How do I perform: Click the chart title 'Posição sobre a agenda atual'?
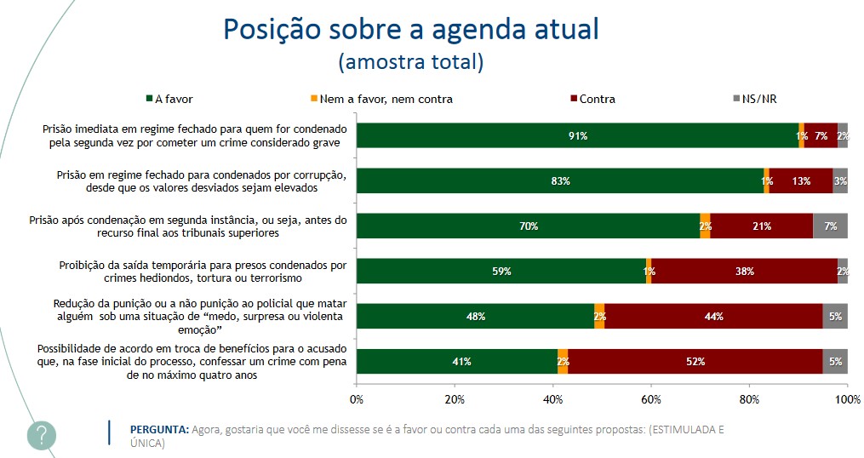410,29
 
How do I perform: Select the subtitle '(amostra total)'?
410,62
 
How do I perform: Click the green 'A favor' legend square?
149,99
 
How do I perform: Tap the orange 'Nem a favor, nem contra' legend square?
313,99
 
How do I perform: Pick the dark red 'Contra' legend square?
574,99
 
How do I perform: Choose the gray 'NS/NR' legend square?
736,99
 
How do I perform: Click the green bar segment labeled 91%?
578,135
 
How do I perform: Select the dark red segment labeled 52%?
695,361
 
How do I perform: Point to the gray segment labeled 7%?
830,226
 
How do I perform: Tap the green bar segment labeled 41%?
457,361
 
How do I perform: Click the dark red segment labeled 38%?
744,271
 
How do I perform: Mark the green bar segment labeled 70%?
528,226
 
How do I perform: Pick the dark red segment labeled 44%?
713,316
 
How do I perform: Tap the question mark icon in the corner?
42,435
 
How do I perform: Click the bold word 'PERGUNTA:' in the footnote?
159,429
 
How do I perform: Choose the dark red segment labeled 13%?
800,180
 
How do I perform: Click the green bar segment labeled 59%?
501,271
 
